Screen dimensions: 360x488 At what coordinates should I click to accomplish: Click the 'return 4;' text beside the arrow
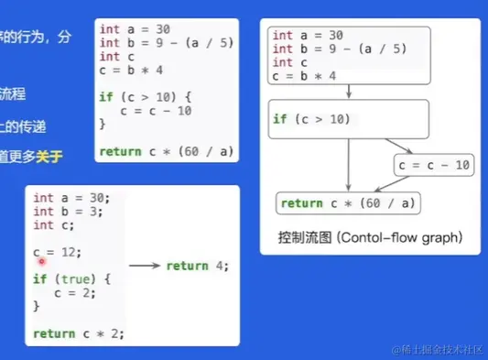pyautogui.click(x=197, y=266)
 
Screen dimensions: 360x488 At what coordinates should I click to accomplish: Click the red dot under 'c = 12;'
pyautogui.click(x=42, y=261)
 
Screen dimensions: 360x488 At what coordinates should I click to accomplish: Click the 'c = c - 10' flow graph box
pyautogui.click(x=434, y=165)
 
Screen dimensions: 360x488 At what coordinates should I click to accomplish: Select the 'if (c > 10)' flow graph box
pyautogui.click(x=350, y=119)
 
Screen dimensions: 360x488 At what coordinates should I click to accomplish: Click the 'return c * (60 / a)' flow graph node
pyautogui.click(x=349, y=203)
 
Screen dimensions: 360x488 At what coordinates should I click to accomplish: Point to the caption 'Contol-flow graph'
pyautogui.click(x=400, y=238)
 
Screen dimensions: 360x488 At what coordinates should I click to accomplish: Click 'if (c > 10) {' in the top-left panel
pyautogui.click(x=144, y=96)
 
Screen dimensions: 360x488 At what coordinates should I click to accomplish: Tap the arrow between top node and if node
pyautogui.click(x=349, y=93)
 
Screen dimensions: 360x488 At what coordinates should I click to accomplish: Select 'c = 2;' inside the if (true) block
pyautogui.click(x=76, y=293)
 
